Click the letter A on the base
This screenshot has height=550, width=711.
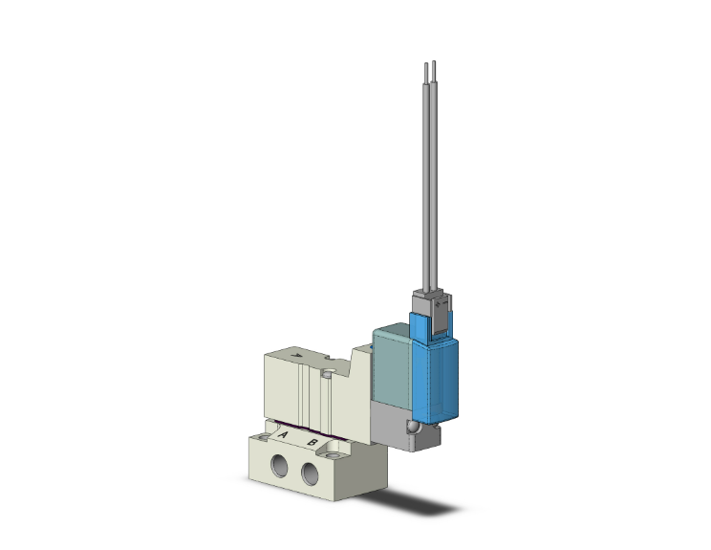283,435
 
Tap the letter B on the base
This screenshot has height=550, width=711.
312,443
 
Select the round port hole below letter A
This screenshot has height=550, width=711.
279,466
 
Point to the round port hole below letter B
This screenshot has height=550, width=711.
310,473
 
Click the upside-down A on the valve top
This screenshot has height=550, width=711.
297,356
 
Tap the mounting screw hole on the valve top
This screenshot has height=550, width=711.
327,374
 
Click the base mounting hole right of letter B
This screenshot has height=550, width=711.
333,454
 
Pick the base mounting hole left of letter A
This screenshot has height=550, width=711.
263,437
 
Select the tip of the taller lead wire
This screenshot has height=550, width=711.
434,62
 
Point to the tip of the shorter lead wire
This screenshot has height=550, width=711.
426,64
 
